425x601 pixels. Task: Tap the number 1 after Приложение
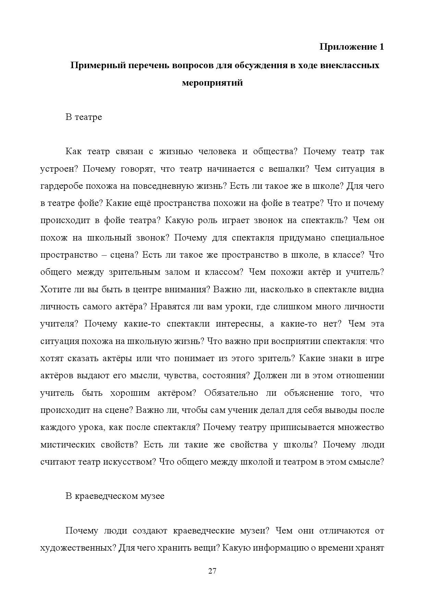[x=381, y=47]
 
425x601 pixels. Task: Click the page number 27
[x=212, y=571]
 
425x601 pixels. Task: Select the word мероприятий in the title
[x=212, y=83]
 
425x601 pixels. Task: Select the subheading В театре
[x=84, y=117]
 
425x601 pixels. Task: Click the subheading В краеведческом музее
[x=115, y=496]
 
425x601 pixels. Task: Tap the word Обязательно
[x=231, y=393]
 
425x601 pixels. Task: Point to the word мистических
[x=68, y=445]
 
